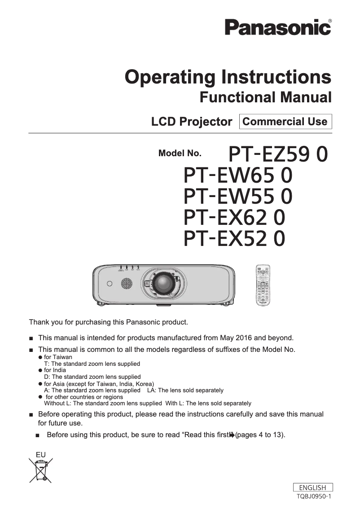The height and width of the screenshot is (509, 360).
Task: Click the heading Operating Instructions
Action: pos(228,77)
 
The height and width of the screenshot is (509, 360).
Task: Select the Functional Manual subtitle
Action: pos(265,97)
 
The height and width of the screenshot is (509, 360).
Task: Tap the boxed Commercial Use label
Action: pos(285,122)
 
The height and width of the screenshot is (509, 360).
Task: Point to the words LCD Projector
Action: pos(192,122)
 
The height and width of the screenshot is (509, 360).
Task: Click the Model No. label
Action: pos(180,154)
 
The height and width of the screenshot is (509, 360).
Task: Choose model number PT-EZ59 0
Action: pos(278,154)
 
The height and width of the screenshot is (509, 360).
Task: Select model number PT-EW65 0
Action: pos(238,175)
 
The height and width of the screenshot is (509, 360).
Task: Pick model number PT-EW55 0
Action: pos(238,196)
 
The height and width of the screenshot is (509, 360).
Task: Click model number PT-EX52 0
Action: pos(234,238)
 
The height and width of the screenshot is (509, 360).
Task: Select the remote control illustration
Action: pos(263,285)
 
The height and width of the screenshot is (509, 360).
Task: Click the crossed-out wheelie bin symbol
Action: pos(41,470)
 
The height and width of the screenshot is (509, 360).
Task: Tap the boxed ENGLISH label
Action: pos(312,487)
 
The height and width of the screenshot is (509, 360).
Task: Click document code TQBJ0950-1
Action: pos(314,496)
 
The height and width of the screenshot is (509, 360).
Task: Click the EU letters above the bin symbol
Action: pos(40,455)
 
